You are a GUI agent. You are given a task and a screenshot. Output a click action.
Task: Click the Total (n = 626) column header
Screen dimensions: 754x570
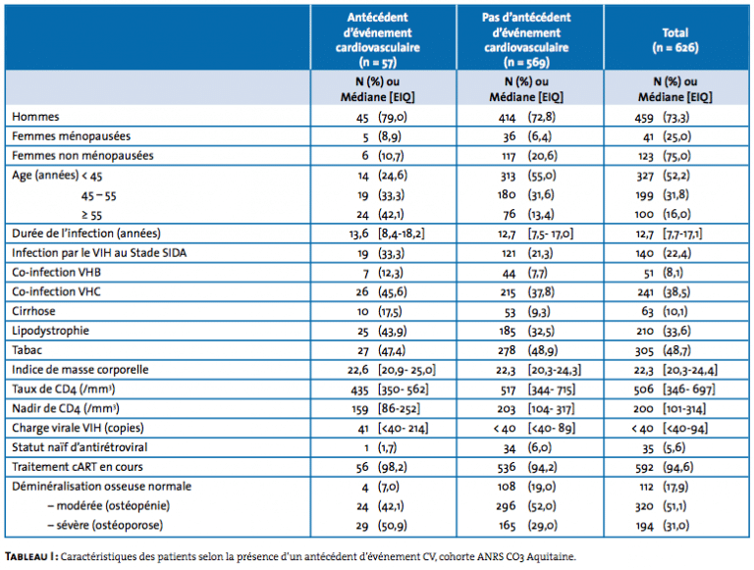[675, 40]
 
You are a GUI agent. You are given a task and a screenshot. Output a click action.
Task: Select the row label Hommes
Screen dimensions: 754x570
[35, 117]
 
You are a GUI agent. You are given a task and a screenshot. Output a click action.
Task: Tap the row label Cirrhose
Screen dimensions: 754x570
[33, 311]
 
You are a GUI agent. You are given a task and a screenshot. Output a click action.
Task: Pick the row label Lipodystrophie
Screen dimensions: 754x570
[50, 332]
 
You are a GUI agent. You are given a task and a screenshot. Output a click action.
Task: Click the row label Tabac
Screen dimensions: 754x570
[27, 350]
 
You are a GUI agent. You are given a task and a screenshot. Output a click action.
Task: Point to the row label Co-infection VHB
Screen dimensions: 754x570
[56, 273]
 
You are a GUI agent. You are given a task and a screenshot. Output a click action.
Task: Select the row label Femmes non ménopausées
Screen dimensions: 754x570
[82, 156]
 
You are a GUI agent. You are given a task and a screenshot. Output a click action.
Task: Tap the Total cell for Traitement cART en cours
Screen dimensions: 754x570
[662, 467]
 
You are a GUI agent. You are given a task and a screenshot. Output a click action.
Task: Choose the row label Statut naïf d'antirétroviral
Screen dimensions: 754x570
[80, 447]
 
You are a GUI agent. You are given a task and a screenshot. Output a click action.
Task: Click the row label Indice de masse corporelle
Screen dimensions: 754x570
[81, 370]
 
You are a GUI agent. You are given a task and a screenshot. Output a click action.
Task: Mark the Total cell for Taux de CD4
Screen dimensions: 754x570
[674, 389]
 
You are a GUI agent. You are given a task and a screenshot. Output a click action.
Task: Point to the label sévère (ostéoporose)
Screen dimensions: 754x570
[105, 525]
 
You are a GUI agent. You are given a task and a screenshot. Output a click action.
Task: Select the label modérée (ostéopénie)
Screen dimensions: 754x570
[109, 505]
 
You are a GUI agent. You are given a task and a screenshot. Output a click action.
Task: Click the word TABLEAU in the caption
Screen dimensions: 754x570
[26, 556]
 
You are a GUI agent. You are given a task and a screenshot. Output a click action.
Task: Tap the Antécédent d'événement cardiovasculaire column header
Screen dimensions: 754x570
[378, 40]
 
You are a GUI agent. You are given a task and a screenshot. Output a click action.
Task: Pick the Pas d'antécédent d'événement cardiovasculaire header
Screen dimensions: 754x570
[526, 40]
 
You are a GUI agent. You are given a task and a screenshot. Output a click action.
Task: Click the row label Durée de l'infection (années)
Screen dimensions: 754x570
[86, 233]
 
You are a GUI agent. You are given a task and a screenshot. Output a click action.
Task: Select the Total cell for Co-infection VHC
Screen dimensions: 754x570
[663, 292]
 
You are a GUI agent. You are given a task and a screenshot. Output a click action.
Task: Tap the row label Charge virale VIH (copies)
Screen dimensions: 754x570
[78, 428]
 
